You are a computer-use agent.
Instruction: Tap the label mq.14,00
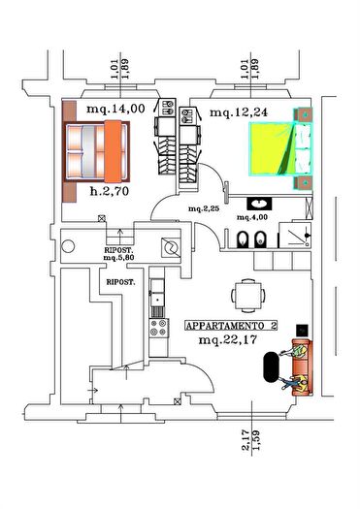pos(115,110)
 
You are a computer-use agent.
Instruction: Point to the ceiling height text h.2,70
pos(113,191)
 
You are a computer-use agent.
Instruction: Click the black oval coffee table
pos(270,368)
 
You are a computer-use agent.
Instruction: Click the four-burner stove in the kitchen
pos(155,331)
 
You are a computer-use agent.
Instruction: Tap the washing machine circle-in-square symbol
pos(172,247)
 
